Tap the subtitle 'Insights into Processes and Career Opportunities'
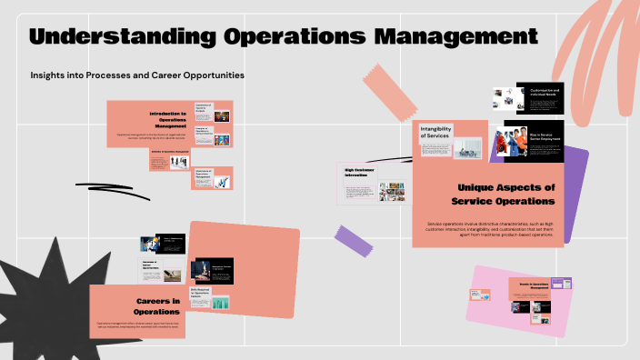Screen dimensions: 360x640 (137, 75)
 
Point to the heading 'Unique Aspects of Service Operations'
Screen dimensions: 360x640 (505, 194)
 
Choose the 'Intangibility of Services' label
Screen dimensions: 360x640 (435, 132)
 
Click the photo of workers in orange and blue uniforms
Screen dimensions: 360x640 (511, 143)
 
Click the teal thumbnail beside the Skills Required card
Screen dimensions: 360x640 (221, 302)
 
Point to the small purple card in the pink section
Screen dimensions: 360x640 (563, 285)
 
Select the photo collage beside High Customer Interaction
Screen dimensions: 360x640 (392, 192)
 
